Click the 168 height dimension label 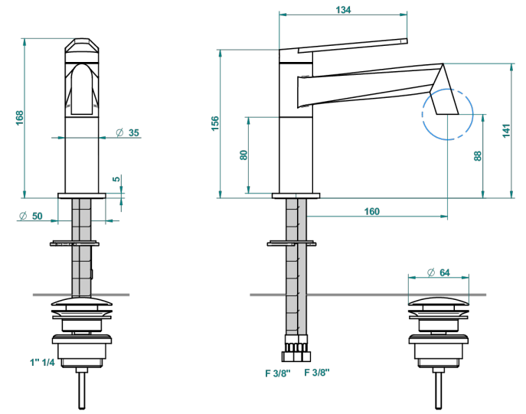tap(20, 118)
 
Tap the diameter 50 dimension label tap(31, 216)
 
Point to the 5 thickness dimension tap(116, 178)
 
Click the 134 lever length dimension tap(343, 10)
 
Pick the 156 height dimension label tap(215, 123)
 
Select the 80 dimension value tap(243, 155)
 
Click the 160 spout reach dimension tap(372, 211)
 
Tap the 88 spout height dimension tap(478, 156)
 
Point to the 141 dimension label tap(506, 130)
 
